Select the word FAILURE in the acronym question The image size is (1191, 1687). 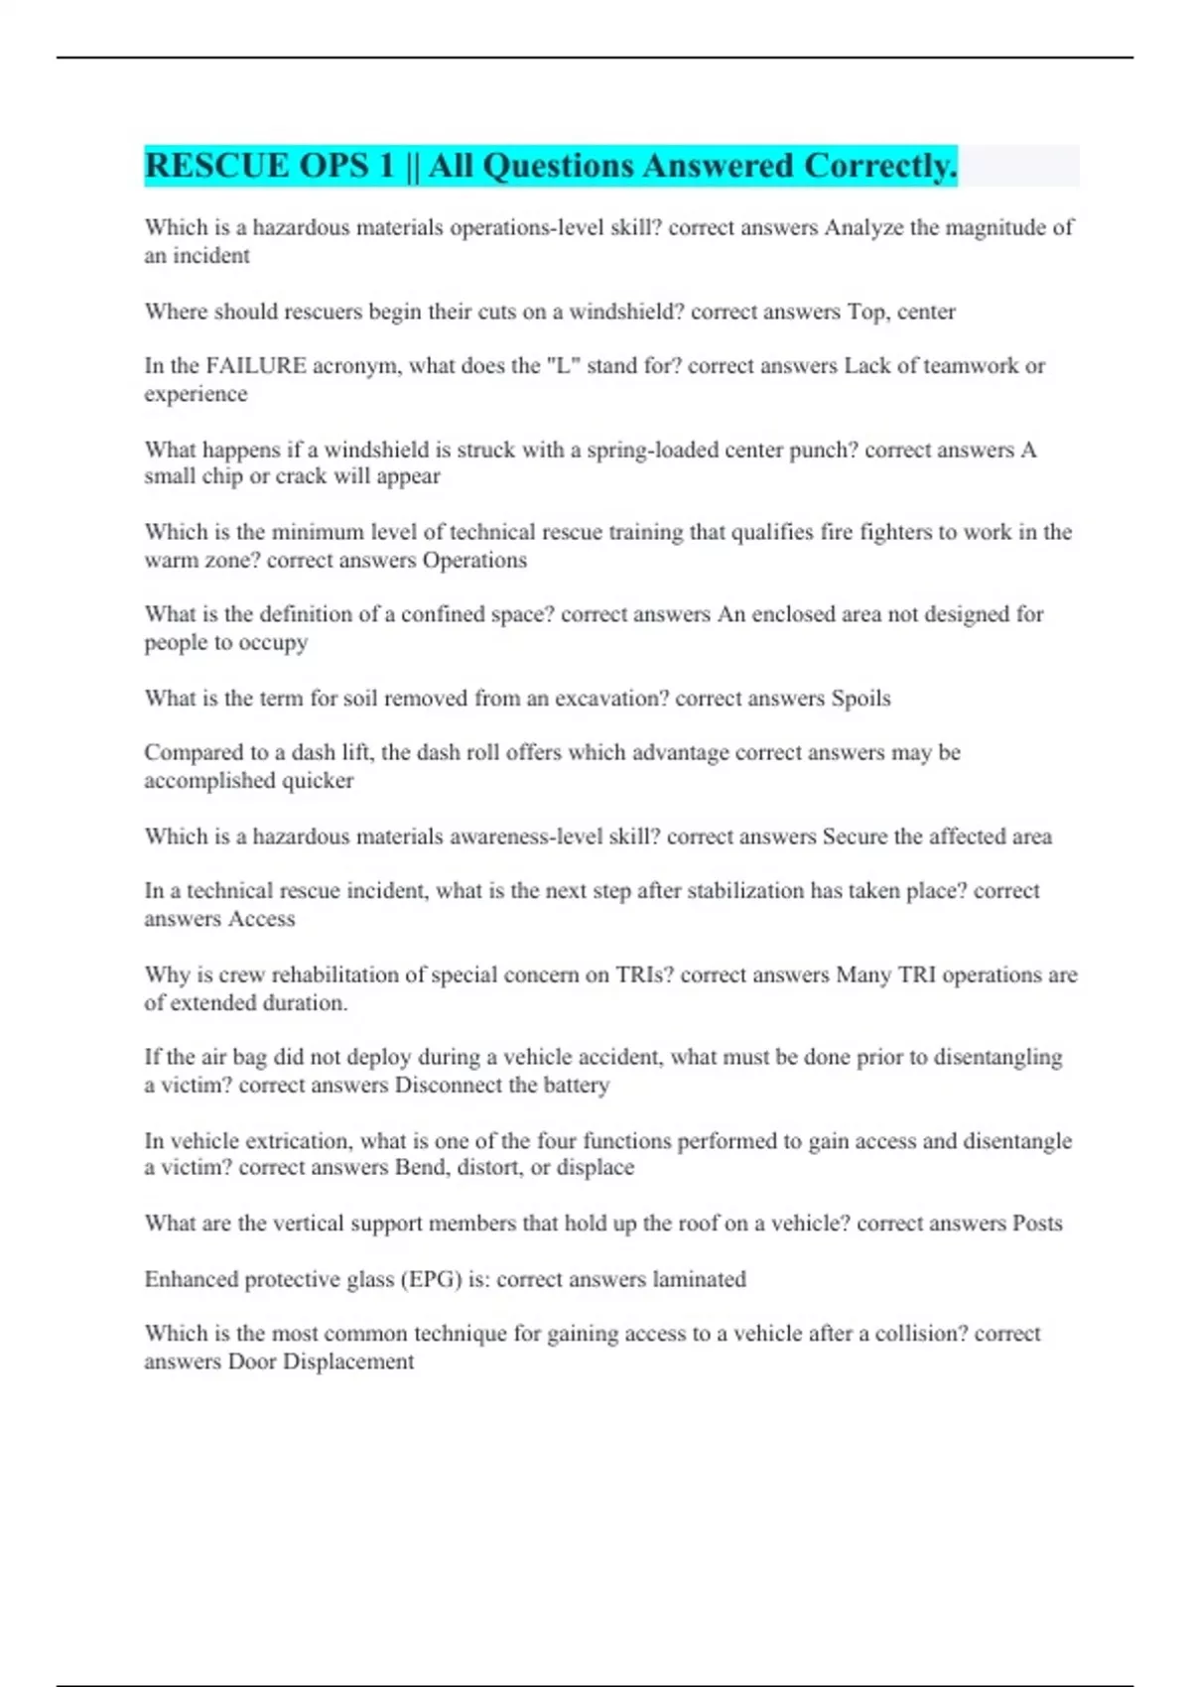click(x=256, y=366)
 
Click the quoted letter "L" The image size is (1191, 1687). click(x=563, y=366)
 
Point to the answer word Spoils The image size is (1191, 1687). click(x=860, y=699)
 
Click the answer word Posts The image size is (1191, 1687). click(x=1037, y=1224)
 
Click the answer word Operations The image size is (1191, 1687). click(x=474, y=561)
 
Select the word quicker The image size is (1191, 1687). click(x=318, y=781)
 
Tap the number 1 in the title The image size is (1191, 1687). click(x=387, y=166)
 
